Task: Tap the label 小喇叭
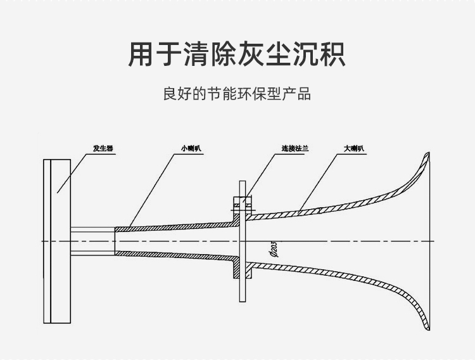(x=190, y=149)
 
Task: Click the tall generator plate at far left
(x=57, y=241)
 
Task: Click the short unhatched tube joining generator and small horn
(x=92, y=241)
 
